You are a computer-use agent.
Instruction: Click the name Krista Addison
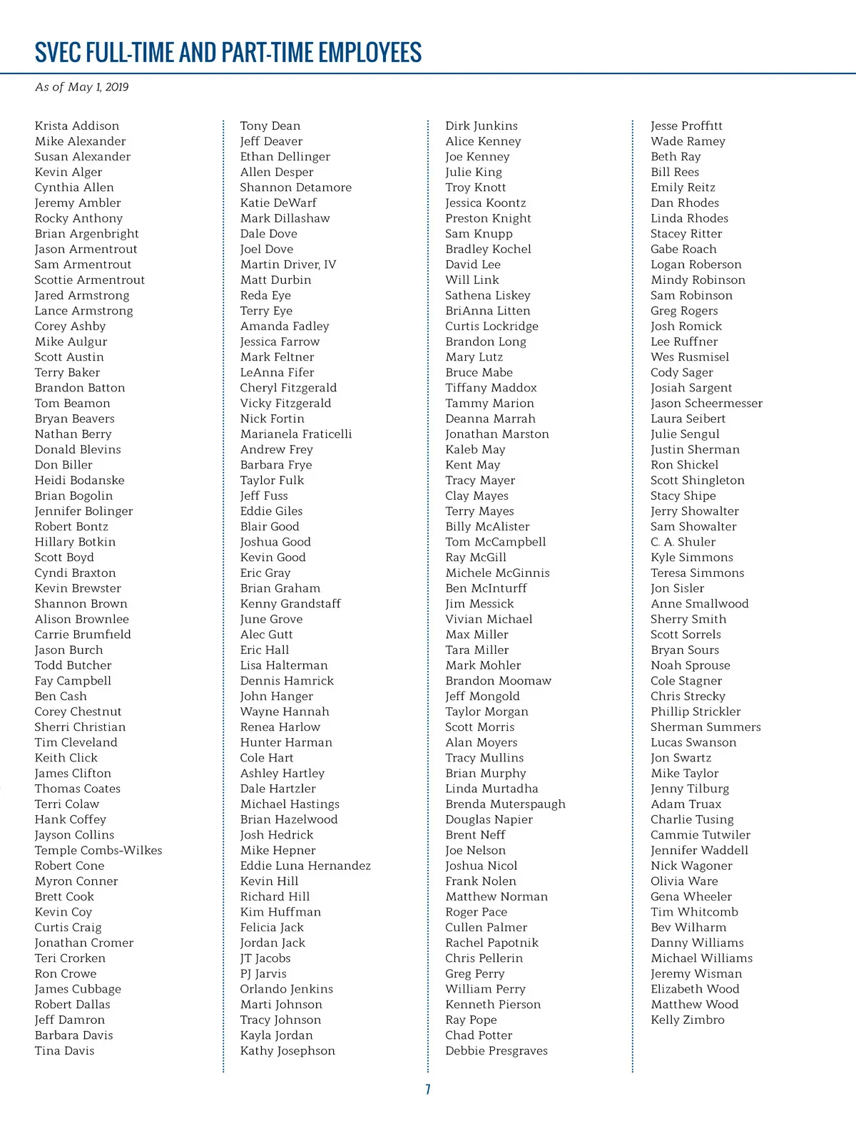[77, 126]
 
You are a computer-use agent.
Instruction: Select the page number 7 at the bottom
[428, 1089]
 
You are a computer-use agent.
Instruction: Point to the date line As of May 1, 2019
[82, 87]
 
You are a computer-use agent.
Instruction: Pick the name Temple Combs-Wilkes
[98, 851]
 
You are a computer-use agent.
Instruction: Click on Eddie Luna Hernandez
[305, 866]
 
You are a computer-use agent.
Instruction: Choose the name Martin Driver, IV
[288, 265]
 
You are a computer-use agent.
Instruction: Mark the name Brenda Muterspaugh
[505, 804]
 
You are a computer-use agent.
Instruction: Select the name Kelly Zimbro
[687, 1020]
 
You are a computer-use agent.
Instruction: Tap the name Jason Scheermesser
[706, 404]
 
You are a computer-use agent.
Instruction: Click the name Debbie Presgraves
[496, 1051]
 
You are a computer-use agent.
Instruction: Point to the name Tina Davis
[64, 1051]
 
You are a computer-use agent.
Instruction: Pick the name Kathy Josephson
[287, 1051]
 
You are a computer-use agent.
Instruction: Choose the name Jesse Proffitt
[686, 126]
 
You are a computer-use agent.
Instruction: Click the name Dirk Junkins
[481, 126]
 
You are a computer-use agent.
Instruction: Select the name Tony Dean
[270, 126]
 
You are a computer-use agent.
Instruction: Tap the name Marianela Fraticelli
[296, 434]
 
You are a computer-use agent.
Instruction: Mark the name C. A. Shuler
[683, 542]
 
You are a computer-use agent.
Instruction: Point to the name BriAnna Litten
[488, 311]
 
